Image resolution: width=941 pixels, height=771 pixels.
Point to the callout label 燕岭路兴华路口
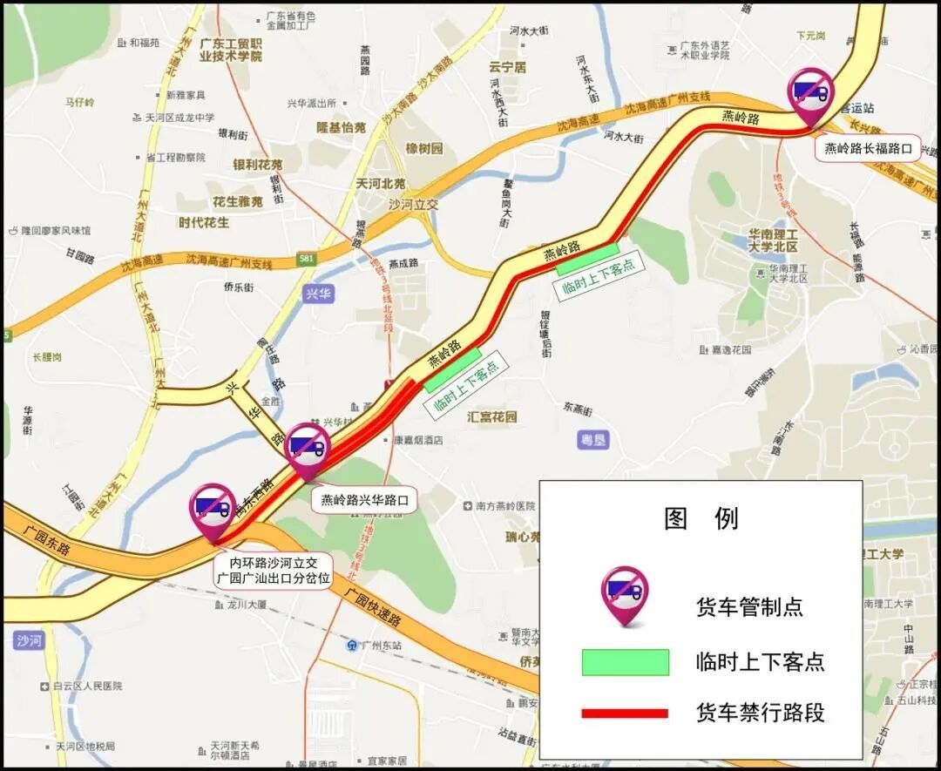click(x=364, y=500)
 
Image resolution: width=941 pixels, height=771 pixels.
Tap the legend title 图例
click(x=701, y=518)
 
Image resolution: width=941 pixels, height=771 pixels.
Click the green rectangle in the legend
click(x=625, y=662)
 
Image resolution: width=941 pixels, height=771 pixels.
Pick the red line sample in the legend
click(x=625, y=714)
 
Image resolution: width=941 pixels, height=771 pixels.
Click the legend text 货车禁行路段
click(x=760, y=713)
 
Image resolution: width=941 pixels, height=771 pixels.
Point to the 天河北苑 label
click(x=381, y=184)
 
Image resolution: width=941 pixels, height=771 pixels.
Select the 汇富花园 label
click(x=492, y=416)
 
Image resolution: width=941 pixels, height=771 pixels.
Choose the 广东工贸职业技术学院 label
click(x=230, y=50)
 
